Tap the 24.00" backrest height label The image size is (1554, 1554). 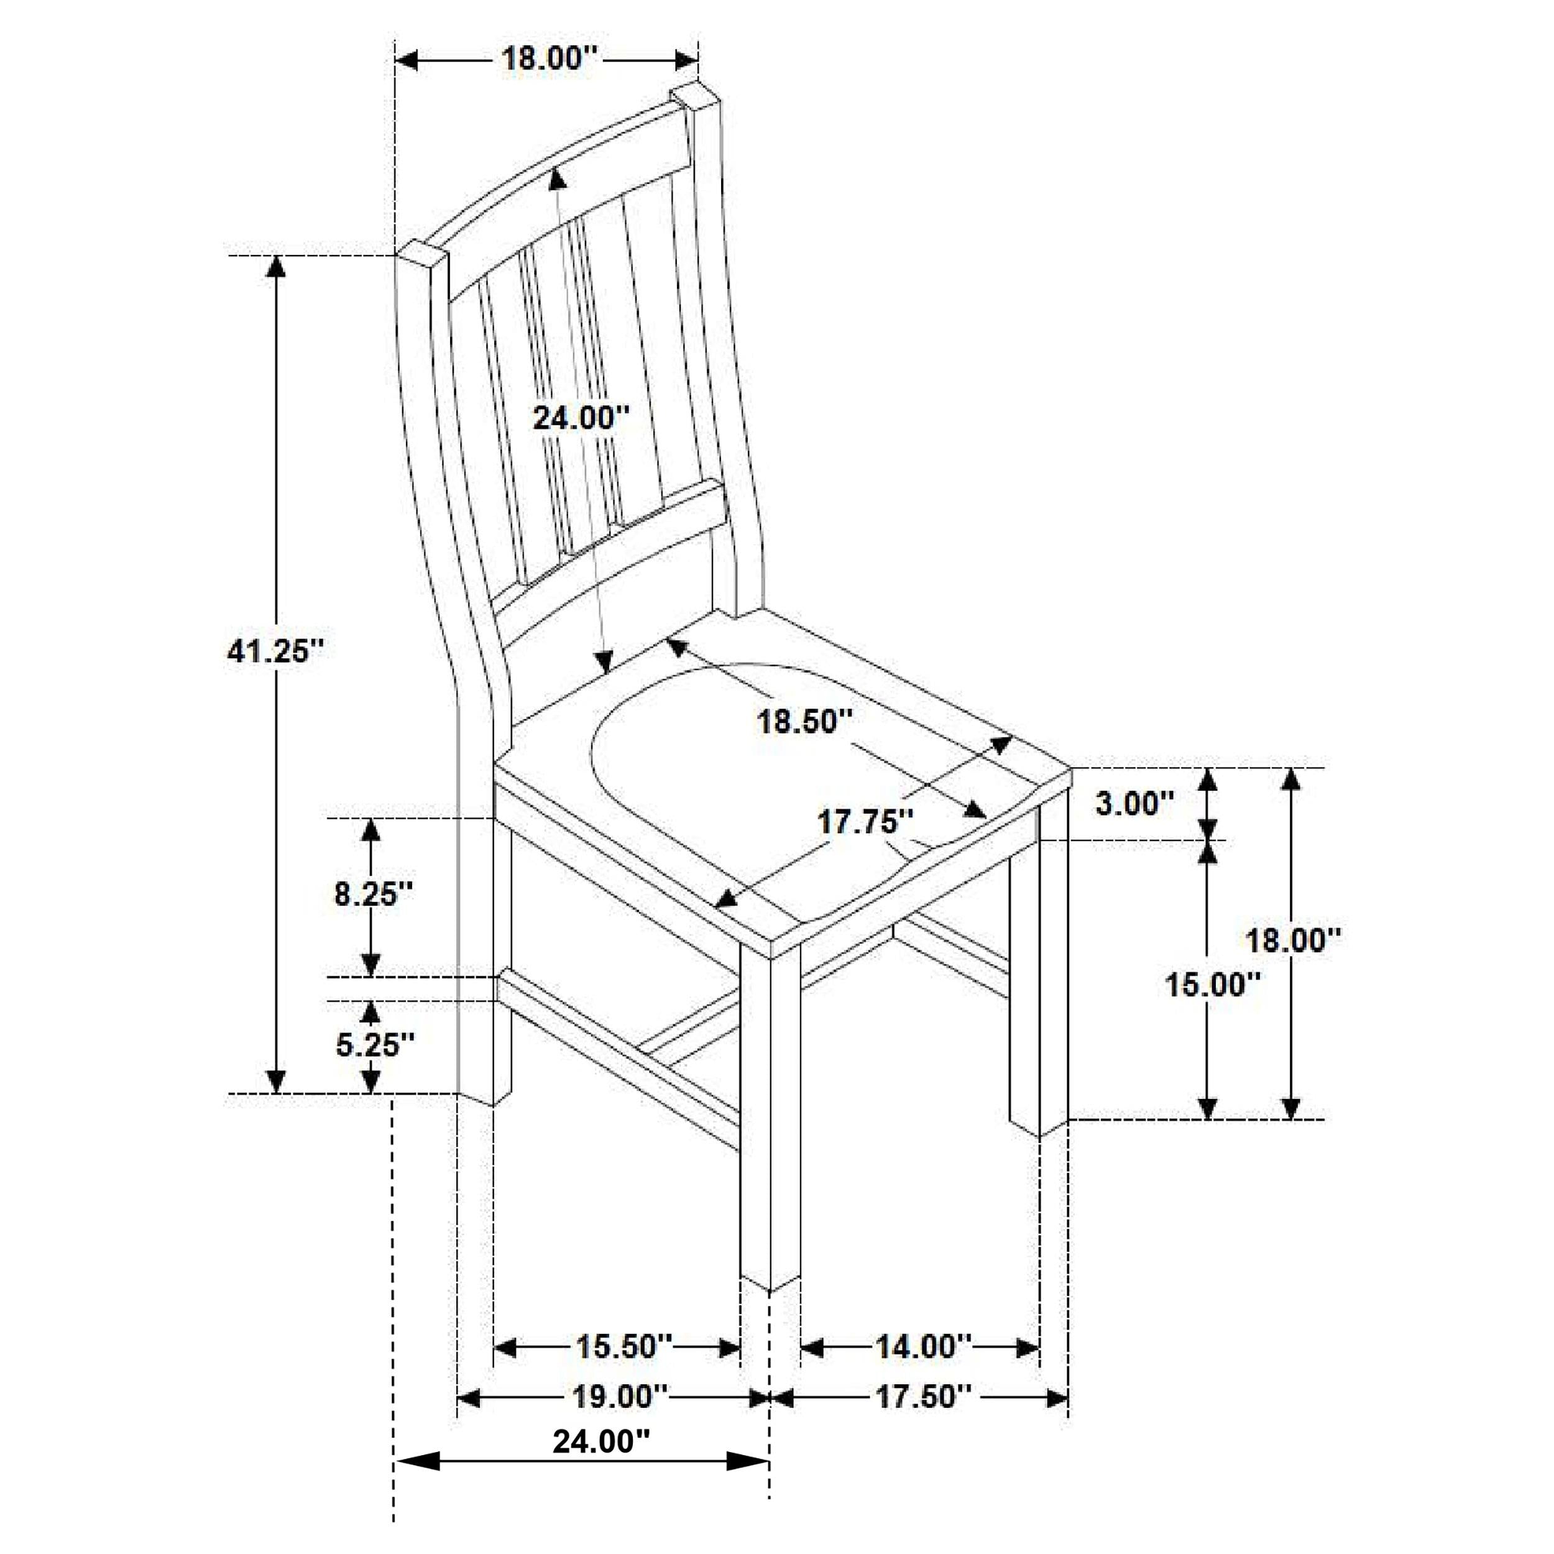[x=581, y=418]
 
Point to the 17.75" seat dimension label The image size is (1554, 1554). [x=865, y=822]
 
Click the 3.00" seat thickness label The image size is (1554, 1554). [x=1134, y=802]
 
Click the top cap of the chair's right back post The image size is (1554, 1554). [x=695, y=96]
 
